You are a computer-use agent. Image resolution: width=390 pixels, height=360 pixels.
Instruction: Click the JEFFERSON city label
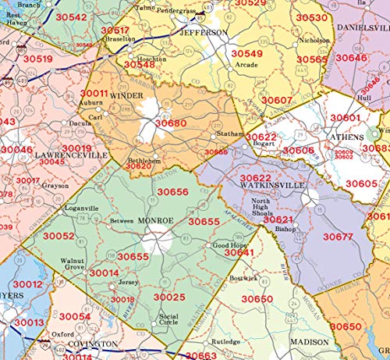[x=204, y=33]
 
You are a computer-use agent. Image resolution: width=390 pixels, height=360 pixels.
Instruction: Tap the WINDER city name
[x=126, y=95]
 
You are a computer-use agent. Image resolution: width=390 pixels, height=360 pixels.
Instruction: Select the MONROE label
[x=159, y=221]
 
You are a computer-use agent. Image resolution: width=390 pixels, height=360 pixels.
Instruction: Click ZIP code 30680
[x=171, y=123]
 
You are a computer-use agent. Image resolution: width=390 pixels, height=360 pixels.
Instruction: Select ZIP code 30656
[x=173, y=191]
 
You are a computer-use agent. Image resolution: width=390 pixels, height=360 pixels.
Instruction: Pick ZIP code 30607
[x=277, y=100]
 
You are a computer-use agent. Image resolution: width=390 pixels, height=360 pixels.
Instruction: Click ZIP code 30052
[x=58, y=236]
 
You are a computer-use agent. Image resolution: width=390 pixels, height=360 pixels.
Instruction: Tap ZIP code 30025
[x=169, y=297]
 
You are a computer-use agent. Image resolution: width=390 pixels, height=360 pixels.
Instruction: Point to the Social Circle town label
[x=168, y=320]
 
